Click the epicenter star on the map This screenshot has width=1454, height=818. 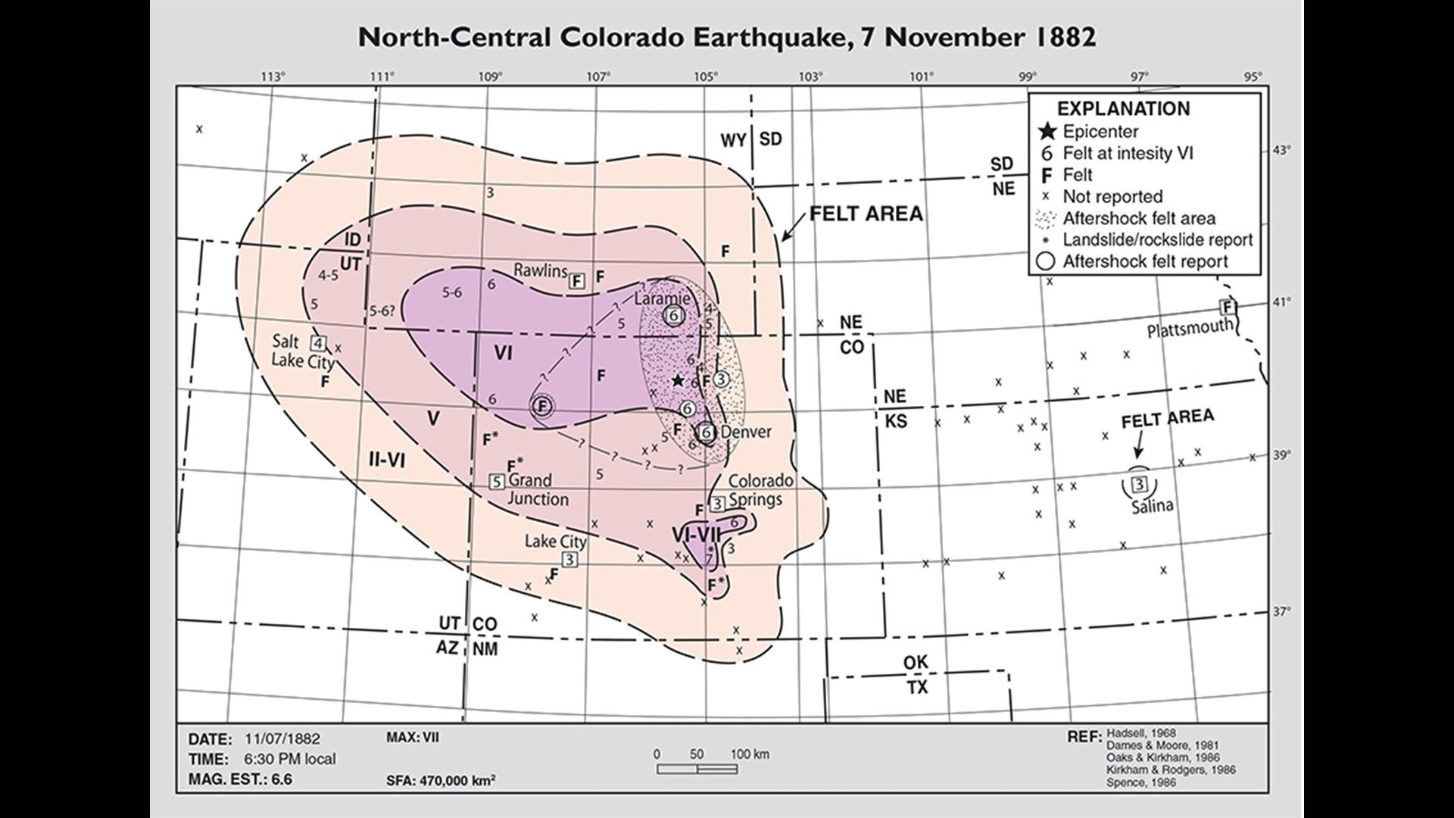(x=678, y=380)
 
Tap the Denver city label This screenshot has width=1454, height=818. (x=746, y=432)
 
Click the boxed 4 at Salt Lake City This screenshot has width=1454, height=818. (x=319, y=343)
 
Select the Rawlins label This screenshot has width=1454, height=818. (x=540, y=270)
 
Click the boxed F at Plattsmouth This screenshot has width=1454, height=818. (x=1228, y=307)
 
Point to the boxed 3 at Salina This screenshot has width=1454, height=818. (x=1138, y=483)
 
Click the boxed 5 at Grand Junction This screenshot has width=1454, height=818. (x=497, y=481)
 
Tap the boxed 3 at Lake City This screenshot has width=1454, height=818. (x=569, y=560)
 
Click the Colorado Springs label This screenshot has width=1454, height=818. (x=760, y=490)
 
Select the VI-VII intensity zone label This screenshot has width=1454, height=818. (x=696, y=535)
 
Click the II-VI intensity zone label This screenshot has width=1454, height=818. (x=387, y=459)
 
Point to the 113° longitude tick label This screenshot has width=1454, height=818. (x=273, y=76)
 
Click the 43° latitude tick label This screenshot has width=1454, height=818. (x=1281, y=150)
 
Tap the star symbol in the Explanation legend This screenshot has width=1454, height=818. (x=1047, y=132)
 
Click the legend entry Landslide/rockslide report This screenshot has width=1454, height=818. (x=1157, y=240)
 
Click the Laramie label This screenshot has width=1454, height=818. (x=662, y=298)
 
